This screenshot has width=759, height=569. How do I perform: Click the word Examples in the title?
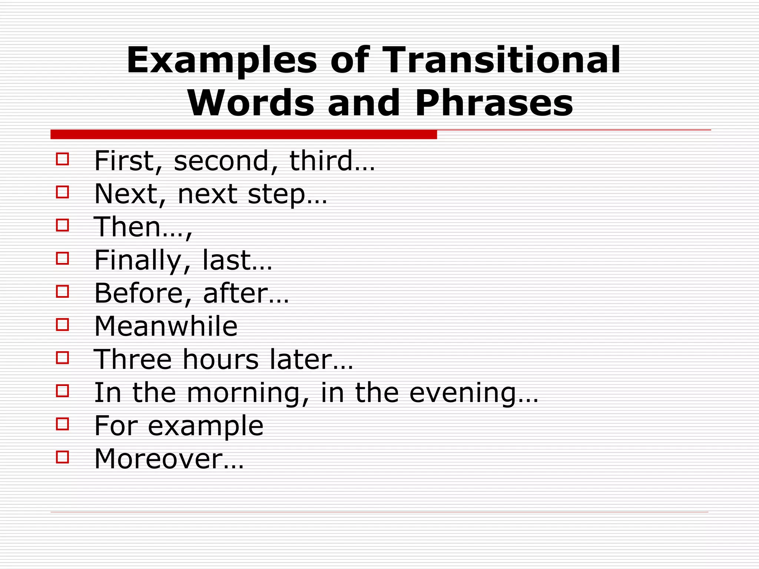pos(222,60)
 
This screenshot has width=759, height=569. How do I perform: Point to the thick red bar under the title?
pos(243,134)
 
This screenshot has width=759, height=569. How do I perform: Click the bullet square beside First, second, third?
pos(62,159)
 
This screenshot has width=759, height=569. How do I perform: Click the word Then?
pos(127,227)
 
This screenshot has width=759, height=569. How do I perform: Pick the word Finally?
pos(137,260)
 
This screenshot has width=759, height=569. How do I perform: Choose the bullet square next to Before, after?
pos(62,292)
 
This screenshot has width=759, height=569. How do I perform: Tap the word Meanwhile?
pos(166,326)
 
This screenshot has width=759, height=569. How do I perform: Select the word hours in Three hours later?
pos(221,359)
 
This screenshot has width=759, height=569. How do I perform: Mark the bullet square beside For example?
pos(62,424)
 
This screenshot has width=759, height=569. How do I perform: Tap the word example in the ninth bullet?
pos(205,426)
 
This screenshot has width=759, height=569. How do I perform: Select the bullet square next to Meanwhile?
pos(62,325)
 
